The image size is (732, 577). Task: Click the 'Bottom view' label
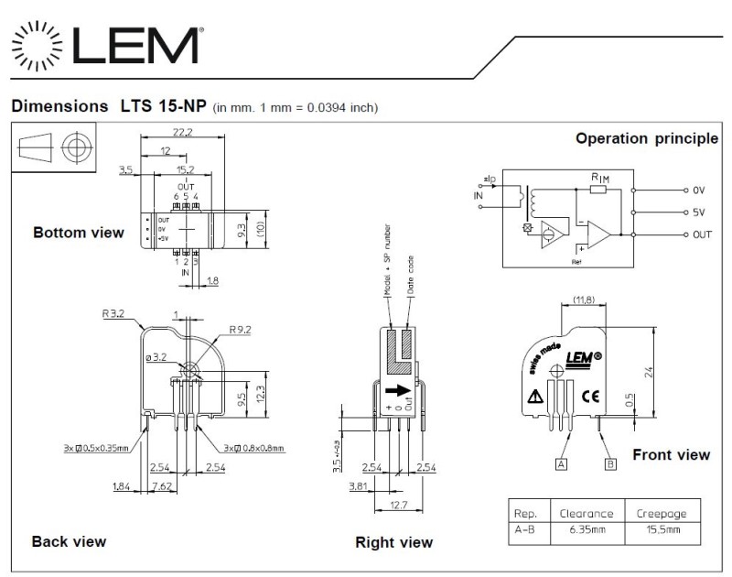[x=78, y=233]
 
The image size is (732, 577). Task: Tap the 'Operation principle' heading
[x=646, y=139]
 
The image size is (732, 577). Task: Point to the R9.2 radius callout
[x=242, y=329]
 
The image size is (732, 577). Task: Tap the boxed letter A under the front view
[x=561, y=464]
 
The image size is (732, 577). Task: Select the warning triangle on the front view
[x=534, y=397]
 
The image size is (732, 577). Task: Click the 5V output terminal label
[x=698, y=212]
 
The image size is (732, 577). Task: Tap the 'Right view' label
[x=393, y=543]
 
